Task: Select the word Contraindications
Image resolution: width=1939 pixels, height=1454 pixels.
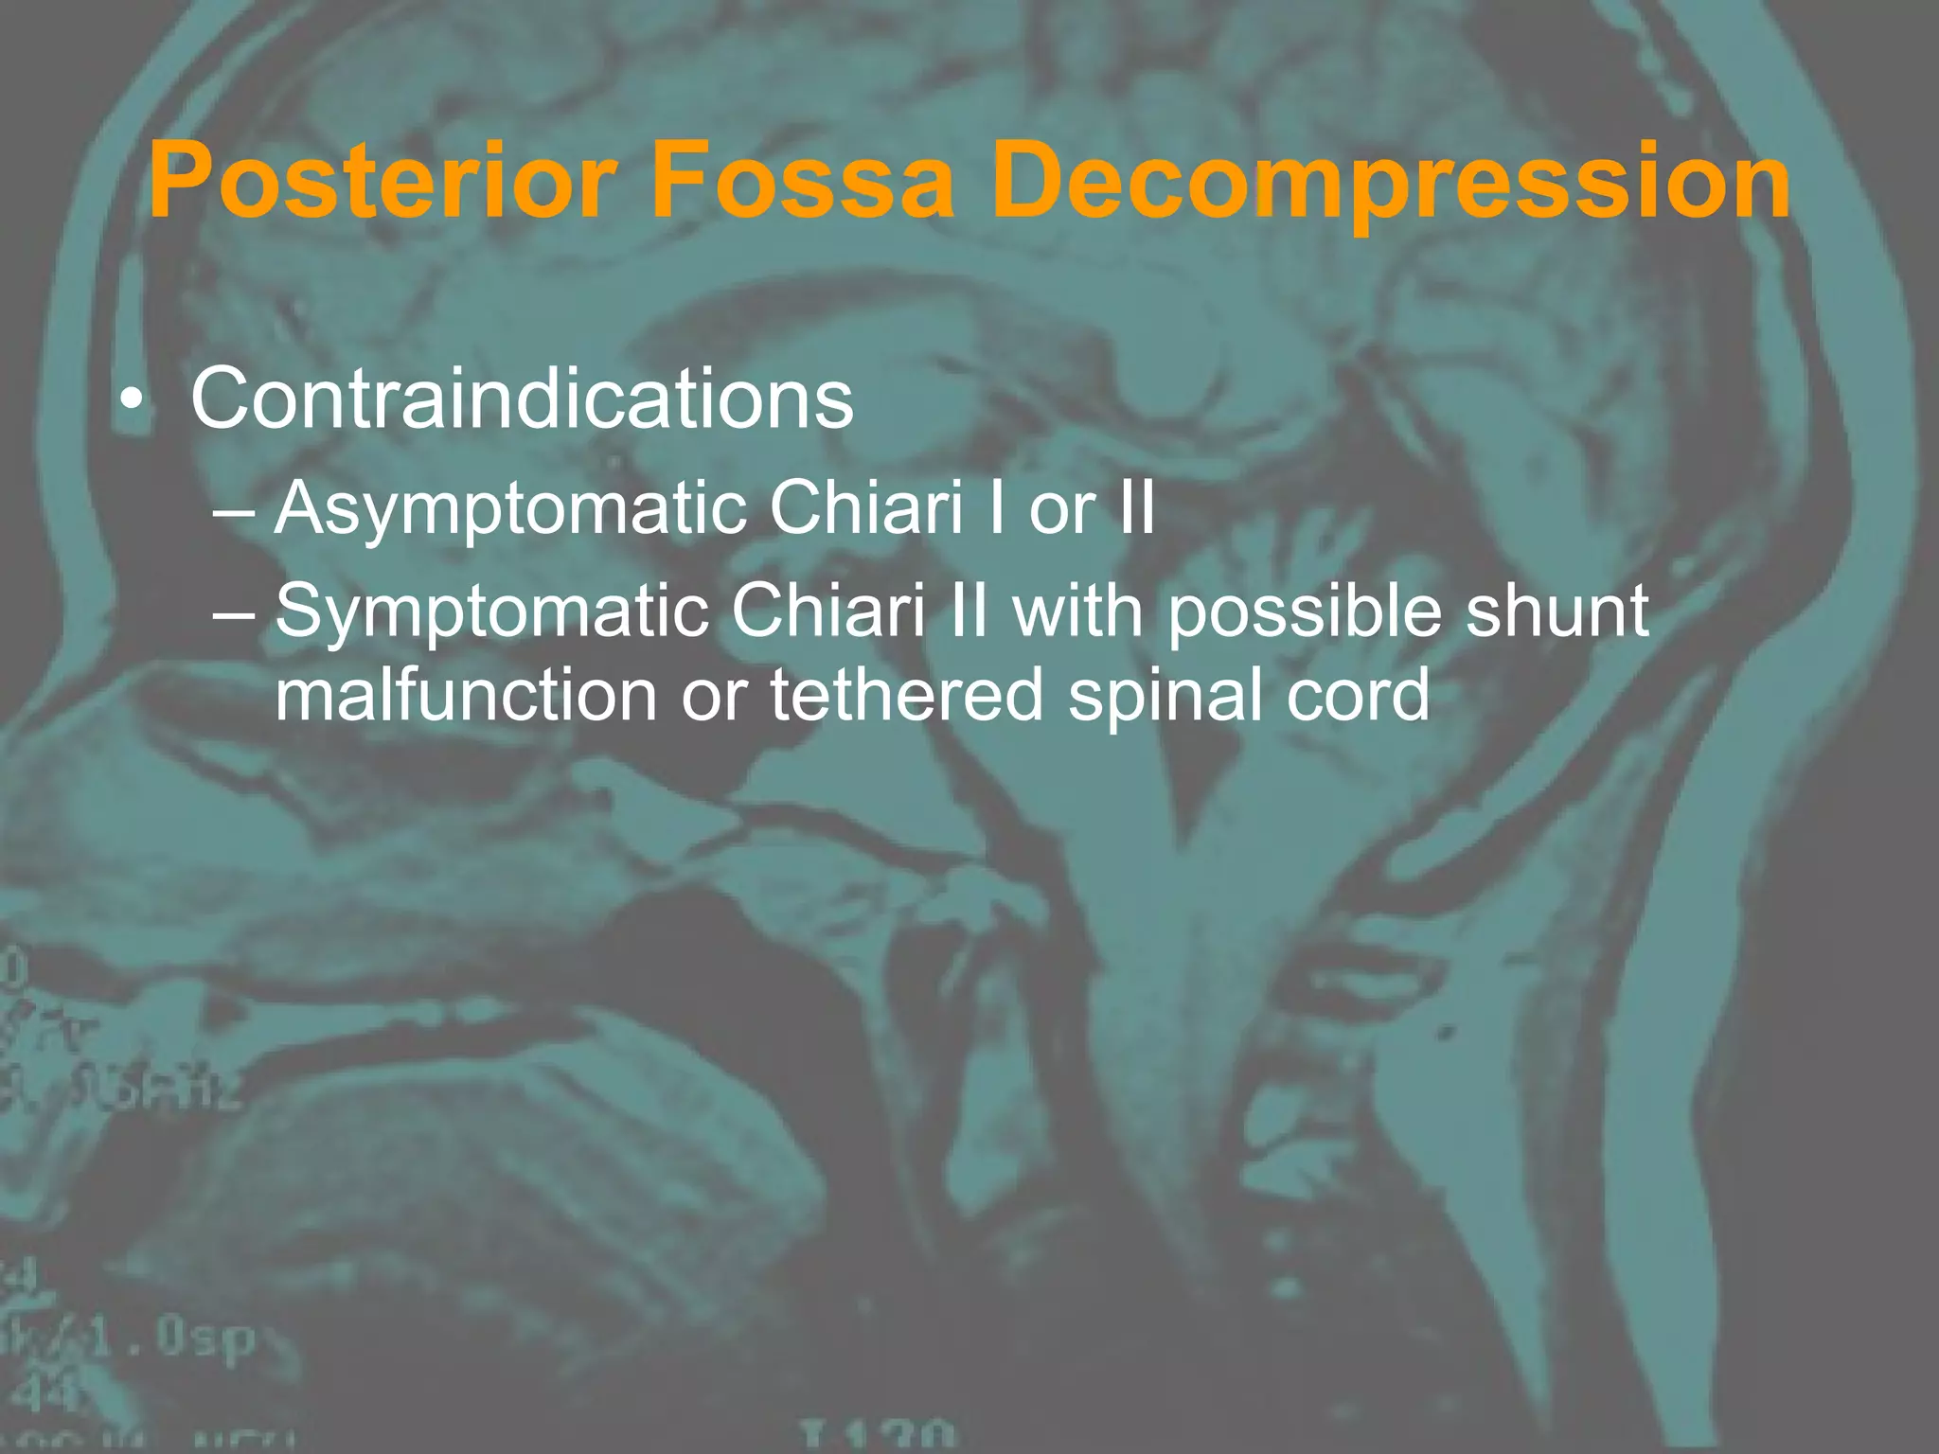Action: click(x=522, y=399)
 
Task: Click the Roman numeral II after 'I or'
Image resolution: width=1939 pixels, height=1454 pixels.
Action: click(x=1135, y=509)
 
